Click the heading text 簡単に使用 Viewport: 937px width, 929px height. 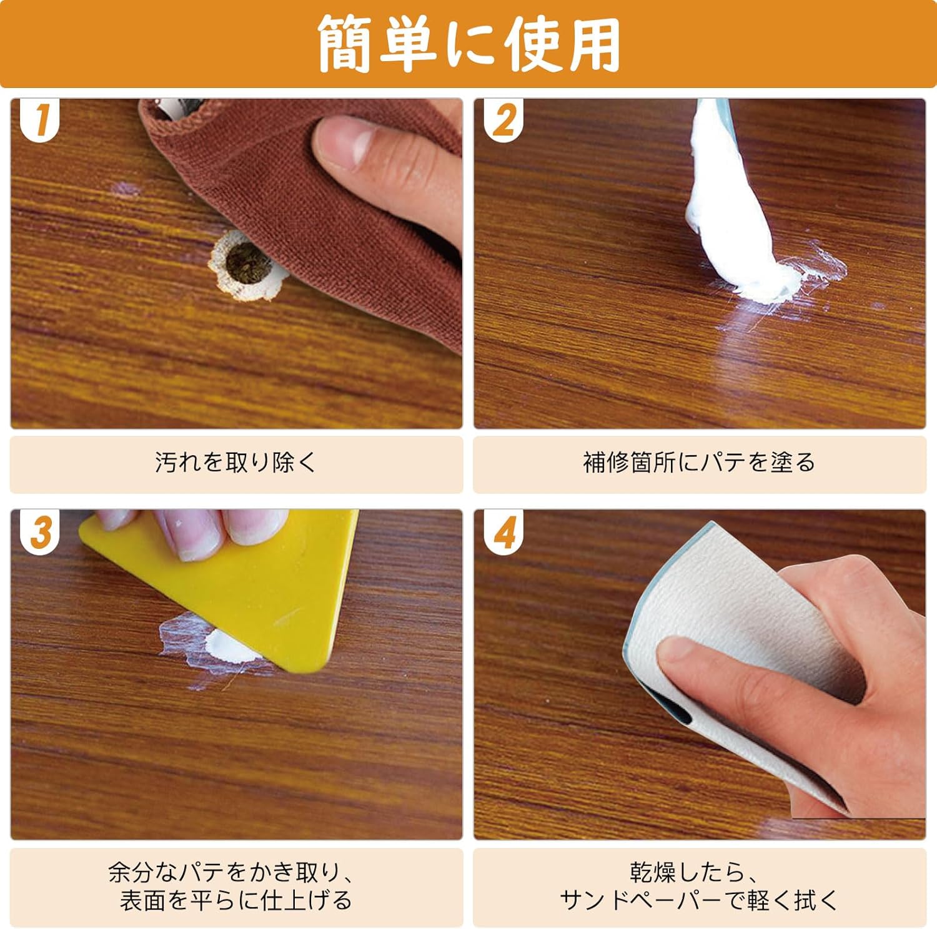pyautogui.click(x=468, y=44)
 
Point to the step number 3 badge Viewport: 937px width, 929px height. pyautogui.click(x=40, y=532)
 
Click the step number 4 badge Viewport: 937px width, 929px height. pyautogui.click(x=503, y=532)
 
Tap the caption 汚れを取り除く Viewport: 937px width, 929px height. pyautogui.click(x=236, y=463)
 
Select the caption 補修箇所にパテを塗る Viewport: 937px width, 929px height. pyautogui.click(x=699, y=463)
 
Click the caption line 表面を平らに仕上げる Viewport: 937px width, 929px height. pyautogui.click(x=236, y=900)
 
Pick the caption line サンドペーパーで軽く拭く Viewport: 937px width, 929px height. pyautogui.click(x=699, y=900)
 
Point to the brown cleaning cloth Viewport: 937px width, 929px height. pyautogui.click(x=312, y=206)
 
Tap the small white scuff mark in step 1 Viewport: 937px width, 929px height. pyautogui.click(x=126, y=189)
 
